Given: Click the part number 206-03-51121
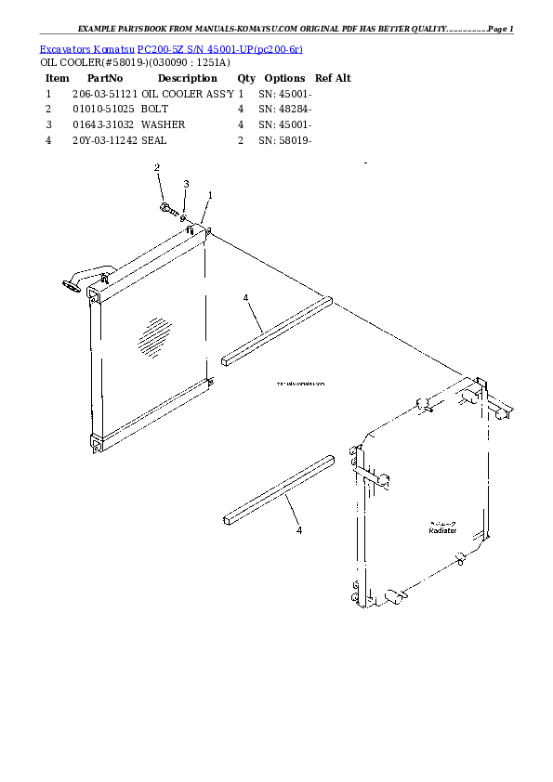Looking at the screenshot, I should coord(104,94).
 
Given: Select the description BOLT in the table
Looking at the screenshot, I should coord(154,109).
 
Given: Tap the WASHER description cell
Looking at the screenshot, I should coord(163,124).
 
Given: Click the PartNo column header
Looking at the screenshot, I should coord(104,78).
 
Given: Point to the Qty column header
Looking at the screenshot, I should coord(246,78).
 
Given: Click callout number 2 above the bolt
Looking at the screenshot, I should coord(157,167).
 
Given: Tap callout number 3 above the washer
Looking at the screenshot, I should coord(186,184).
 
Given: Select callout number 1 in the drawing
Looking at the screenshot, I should coord(210,195).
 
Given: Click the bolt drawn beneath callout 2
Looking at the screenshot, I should coord(165,206).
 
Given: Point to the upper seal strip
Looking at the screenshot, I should coord(276,328).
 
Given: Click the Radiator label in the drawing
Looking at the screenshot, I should coord(441,530).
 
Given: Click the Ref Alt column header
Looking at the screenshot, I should coord(333,78).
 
